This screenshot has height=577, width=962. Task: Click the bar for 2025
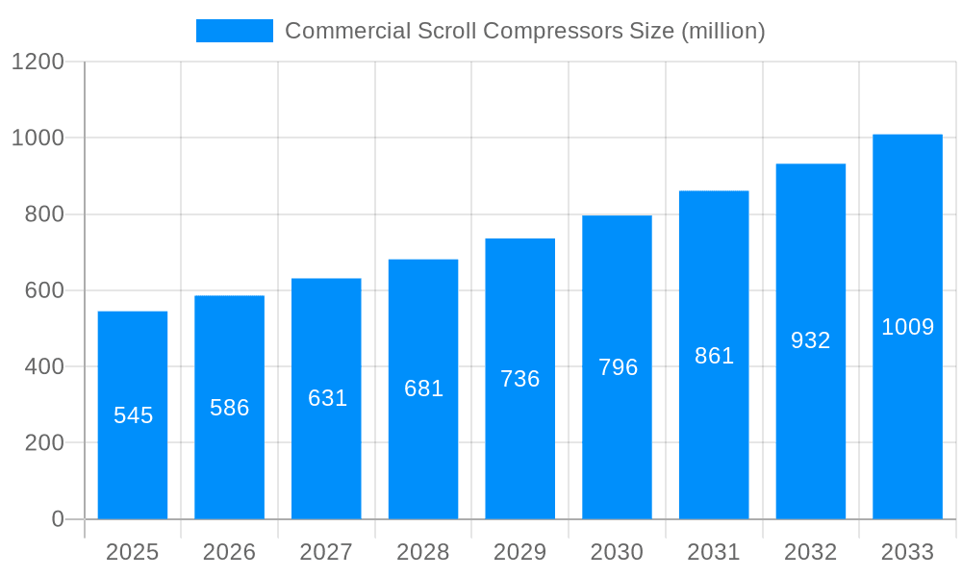click(133, 415)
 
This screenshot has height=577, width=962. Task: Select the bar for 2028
click(423, 389)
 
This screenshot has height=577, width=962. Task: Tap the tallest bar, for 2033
click(907, 327)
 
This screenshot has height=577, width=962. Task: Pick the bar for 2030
click(617, 367)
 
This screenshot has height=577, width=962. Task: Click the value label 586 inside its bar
click(230, 408)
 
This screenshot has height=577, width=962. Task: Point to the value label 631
click(327, 398)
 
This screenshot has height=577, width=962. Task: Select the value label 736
click(520, 379)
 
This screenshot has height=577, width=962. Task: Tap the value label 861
click(714, 356)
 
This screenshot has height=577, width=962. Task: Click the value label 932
click(811, 340)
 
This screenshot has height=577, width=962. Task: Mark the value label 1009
click(907, 327)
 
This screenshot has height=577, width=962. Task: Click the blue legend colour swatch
click(234, 31)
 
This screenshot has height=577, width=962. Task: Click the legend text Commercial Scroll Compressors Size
click(525, 31)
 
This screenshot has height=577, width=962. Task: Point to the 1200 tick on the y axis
click(38, 63)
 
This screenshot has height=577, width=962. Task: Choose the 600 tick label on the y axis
click(44, 290)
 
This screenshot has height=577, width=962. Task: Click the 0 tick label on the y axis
click(57, 519)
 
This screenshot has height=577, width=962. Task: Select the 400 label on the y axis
click(44, 366)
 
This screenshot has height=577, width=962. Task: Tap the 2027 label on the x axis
click(326, 552)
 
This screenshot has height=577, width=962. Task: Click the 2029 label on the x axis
click(519, 552)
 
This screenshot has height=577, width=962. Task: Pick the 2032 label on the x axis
click(810, 552)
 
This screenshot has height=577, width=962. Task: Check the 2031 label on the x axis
click(714, 552)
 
